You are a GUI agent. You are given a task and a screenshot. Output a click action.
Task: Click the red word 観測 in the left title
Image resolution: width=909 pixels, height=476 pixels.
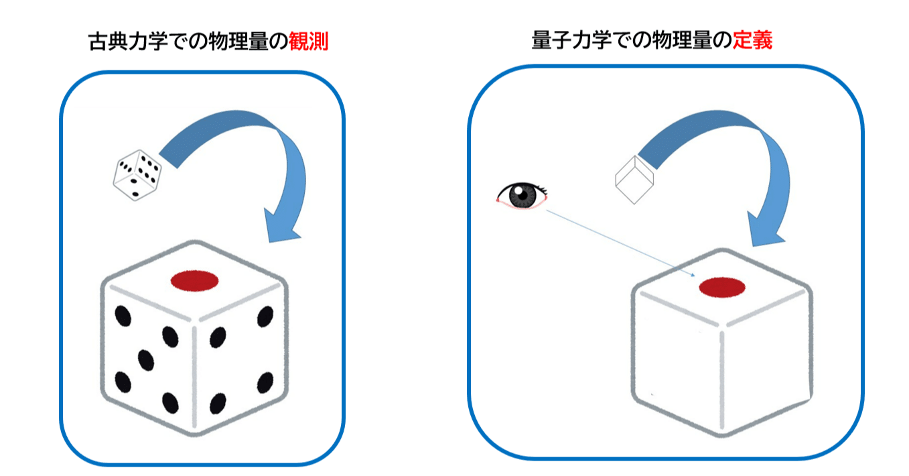click(308, 42)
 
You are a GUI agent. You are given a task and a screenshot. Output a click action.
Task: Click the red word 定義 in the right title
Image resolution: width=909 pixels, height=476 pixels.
click(752, 40)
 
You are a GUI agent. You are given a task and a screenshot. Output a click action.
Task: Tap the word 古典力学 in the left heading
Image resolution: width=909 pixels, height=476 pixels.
click(127, 42)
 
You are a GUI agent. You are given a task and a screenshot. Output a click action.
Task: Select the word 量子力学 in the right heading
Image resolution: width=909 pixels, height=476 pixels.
click(571, 40)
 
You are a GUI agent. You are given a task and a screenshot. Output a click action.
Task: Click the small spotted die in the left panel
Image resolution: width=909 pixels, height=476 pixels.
click(137, 175)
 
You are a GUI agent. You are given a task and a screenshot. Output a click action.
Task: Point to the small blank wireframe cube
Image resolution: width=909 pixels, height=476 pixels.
click(634, 180)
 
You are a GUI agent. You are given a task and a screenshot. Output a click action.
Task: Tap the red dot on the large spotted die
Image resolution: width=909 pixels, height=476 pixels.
click(195, 281)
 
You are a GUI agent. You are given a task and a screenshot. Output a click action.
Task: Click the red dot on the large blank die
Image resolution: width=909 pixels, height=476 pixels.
click(722, 288)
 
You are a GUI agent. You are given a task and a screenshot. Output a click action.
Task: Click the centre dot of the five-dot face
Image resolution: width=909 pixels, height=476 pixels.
click(145, 360)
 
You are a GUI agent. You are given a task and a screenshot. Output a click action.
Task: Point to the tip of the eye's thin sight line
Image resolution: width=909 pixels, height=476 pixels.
click(695, 276)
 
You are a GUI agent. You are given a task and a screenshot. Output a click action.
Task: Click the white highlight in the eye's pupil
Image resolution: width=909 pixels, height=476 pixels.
click(518, 190)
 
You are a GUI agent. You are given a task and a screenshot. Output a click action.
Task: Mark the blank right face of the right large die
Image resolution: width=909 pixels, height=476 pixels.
click(767, 361)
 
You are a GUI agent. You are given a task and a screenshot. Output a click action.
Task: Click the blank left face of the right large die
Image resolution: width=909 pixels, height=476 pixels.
click(677, 361)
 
